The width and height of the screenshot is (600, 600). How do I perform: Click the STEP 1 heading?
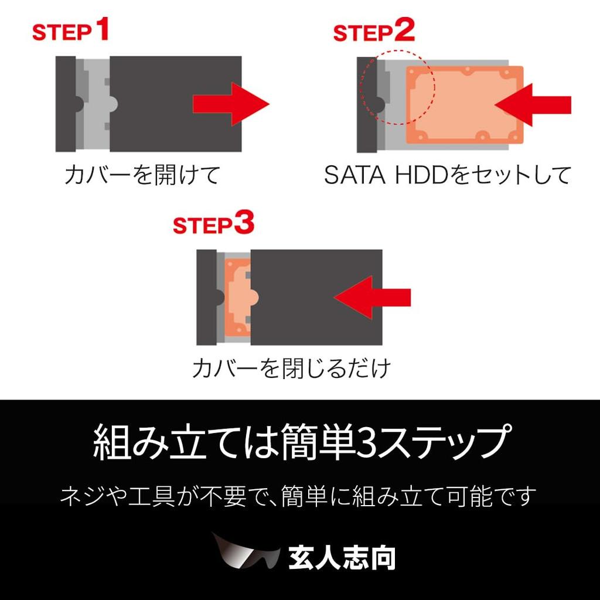[x=70, y=30]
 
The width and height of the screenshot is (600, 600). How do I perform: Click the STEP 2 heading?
[x=373, y=32]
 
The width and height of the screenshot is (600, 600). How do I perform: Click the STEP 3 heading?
[x=213, y=225]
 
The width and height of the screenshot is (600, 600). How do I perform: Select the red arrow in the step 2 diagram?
[x=532, y=104]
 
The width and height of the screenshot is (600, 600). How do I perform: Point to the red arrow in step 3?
[x=372, y=298]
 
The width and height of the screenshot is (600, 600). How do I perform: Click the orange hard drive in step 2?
[x=463, y=104]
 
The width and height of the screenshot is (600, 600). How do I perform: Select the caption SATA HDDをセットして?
[x=447, y=175]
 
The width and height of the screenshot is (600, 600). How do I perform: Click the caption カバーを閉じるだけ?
[x=291, y=368]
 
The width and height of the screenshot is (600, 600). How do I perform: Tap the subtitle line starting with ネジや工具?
[x=298, y=497]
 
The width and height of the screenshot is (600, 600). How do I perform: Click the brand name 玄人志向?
[x=342, y=558]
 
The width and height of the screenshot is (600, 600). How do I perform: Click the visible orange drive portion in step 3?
[x=237, y=298]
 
